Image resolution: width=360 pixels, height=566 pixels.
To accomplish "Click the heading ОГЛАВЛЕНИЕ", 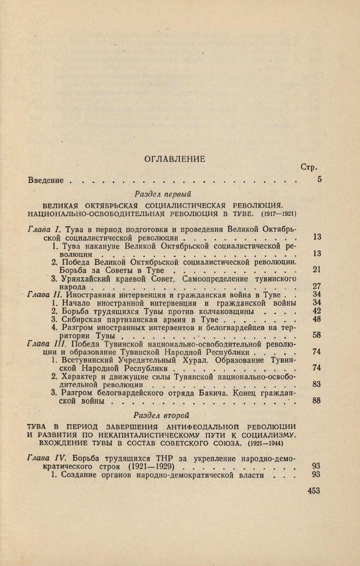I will point(174,159).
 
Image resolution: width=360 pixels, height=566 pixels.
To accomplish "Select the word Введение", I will point(46,180).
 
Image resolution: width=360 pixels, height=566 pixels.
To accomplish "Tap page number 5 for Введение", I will point(319,180).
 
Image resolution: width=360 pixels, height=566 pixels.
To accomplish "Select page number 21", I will point(316,269).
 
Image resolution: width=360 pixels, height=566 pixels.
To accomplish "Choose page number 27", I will point(316,286).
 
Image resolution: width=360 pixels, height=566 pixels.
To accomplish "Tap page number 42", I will point(316,311).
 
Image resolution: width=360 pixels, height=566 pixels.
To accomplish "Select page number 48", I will point(316,319).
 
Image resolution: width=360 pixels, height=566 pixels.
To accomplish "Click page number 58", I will point(316,335).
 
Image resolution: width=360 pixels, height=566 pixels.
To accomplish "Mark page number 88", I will point(316,401).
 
